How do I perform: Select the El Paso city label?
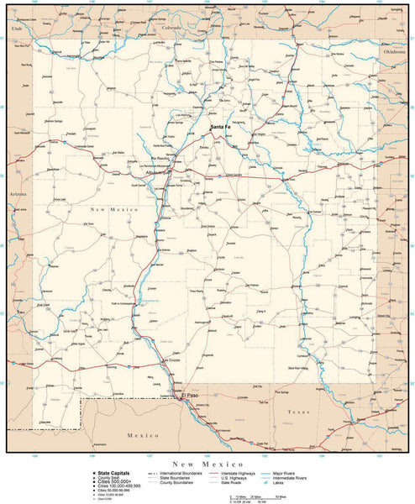[191, 394]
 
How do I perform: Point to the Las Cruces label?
[172, 360]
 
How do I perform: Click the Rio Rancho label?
[160, 157]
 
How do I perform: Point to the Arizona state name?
[18, 194]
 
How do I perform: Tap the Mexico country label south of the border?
[136, 436]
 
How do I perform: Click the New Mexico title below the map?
[207, 464]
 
